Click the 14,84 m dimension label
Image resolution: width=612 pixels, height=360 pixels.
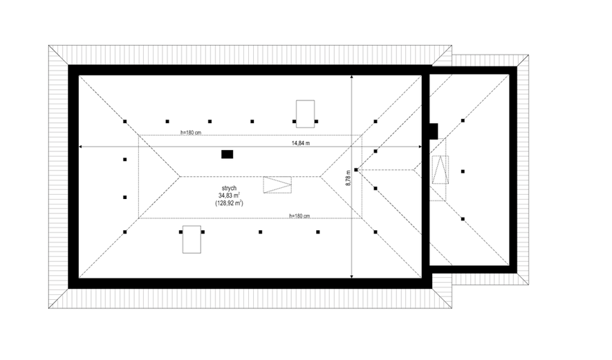(x=301, y=143)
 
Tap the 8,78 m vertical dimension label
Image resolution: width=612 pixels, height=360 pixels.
(x=348, y=178)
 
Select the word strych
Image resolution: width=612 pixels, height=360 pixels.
(x=229, y=189)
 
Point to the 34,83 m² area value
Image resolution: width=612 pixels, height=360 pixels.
(x=229, y=196)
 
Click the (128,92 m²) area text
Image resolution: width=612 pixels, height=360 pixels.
(x=229, y=203)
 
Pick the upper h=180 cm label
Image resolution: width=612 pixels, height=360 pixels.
(x=191, y=133)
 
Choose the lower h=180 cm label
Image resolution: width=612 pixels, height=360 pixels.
(x=299, y=216)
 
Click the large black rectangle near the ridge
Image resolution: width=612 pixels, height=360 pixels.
(x=227, y=155)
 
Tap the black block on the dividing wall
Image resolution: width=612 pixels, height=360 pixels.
(x=433, y=131)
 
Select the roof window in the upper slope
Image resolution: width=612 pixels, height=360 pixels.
(x=305, y=114)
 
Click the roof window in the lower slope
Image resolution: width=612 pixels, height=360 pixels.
(x=192, y=240)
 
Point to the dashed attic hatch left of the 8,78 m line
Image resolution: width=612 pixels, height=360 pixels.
(x=277, y=185)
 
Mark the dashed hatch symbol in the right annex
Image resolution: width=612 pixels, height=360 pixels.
(x=441, y=170)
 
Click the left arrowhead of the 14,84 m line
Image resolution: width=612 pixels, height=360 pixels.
(x=80, y=146)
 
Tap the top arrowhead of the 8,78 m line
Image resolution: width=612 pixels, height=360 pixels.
(x=352, y=77)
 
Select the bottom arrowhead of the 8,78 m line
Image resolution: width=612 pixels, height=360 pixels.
(x=352, y=277)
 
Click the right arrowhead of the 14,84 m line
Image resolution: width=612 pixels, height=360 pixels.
(x=420, y=146)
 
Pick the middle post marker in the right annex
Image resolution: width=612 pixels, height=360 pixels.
(x=463, y=171)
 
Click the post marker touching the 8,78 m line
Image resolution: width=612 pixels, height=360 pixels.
(x=356, y=170)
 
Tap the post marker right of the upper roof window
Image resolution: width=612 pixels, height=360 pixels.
(x=316, y=122)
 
